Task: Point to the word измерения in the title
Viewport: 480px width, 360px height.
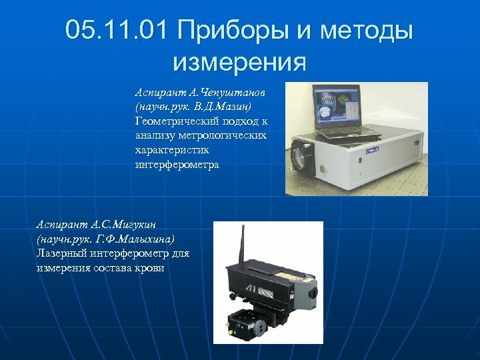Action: [239, 63]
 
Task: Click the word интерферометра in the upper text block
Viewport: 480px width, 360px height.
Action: [177, 165]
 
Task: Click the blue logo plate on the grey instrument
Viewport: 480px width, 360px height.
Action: [371, 151]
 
